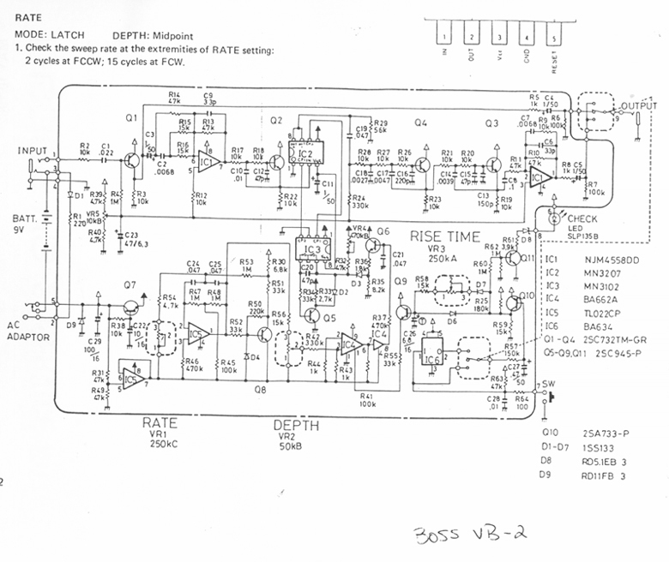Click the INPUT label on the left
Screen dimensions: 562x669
point(32,151)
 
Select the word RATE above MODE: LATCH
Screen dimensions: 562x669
point(27,17)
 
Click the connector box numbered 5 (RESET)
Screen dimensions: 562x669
point(555,37)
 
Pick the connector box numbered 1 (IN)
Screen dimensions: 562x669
point(445,37)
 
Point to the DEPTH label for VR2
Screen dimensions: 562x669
point(297,426)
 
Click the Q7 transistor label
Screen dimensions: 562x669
point(129,284)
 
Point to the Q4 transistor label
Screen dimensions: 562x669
point(420,123)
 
